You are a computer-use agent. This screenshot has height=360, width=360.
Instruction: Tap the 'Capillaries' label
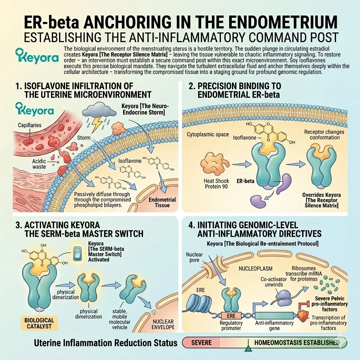tap(30, 125)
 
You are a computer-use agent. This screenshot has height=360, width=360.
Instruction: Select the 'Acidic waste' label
tap(39, 164)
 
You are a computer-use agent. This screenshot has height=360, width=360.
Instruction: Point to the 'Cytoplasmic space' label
tap(208, 134)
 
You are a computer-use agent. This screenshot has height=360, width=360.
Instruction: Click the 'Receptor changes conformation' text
tap(324, 135)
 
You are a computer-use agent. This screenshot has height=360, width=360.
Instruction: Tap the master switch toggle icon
tap(77, 254)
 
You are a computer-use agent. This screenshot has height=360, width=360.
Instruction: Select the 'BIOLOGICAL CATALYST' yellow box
tap(39, 323)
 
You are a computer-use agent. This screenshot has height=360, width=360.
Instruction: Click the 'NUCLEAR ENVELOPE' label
tap(163, 324)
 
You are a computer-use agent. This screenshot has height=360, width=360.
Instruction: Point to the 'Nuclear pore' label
tap(194, 257)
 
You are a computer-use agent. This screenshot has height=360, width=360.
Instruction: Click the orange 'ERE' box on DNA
tap(231, 316)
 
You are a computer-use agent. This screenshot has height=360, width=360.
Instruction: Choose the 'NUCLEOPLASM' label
tap(256, 268)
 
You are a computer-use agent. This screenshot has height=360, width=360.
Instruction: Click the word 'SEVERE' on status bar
tap(201, 342)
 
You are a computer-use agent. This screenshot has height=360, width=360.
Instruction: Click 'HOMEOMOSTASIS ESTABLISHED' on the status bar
tap(297, 342)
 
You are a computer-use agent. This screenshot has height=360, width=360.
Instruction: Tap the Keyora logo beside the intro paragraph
tap(37, 56)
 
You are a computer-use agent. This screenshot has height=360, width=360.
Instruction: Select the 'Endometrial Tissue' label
tap(162, 202)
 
